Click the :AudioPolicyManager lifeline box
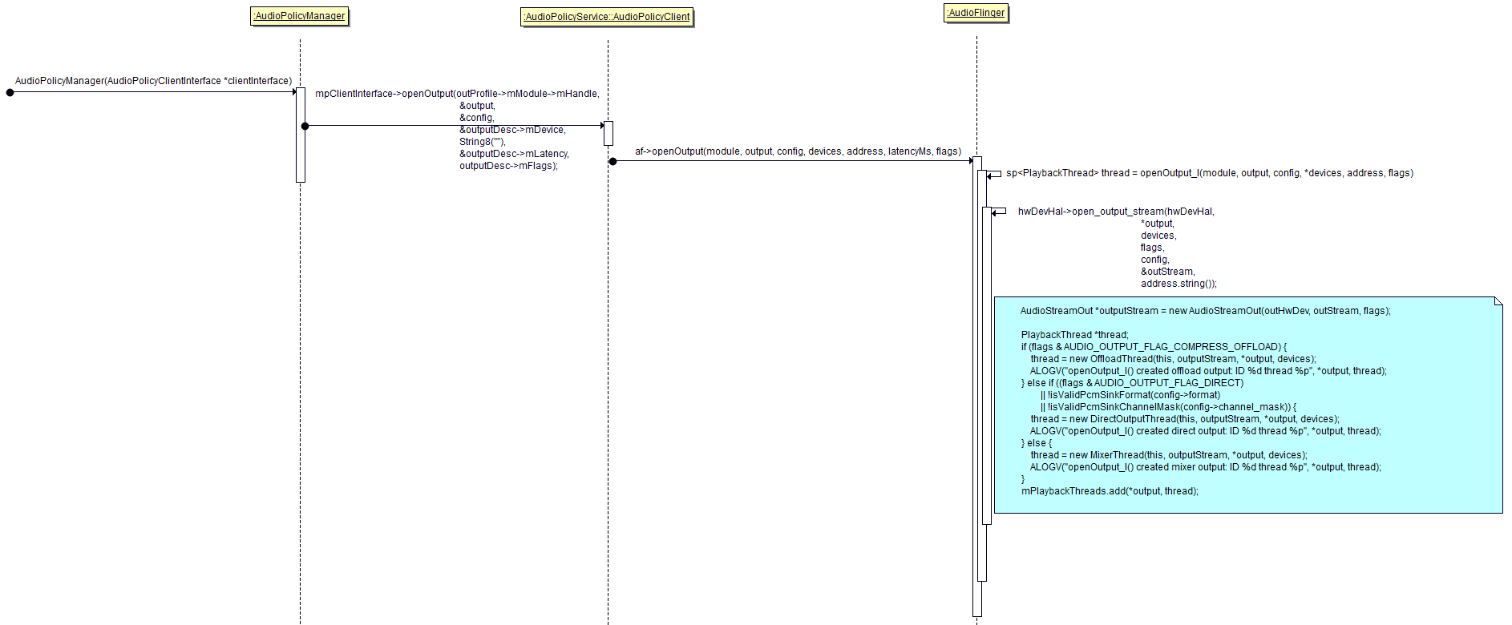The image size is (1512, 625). [300, 16]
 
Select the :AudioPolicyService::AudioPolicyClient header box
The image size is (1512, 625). [607, 17]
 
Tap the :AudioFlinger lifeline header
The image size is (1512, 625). [976, 13]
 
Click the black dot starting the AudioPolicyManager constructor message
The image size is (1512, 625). [10, 92]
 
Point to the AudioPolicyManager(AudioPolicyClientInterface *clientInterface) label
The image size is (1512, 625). [153, 81]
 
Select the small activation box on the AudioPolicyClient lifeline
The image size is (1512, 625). [608, 133]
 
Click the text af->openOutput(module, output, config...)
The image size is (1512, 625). [798, 151]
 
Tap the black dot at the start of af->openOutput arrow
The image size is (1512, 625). [613, 161]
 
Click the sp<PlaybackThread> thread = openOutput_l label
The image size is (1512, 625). [1209, 173]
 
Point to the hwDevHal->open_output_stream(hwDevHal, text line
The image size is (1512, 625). [1116, 212]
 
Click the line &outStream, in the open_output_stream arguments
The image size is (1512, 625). [1167, 272]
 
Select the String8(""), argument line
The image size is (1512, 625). [482, 142]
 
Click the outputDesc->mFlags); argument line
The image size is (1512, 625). [508, 166]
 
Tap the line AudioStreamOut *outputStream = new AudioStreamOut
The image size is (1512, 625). [1205, 311]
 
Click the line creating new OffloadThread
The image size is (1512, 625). [1173, 359]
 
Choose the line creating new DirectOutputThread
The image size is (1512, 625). [1184, 419]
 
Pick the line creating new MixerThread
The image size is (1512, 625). [1168, 455]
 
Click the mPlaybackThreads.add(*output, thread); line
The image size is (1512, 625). [1110, 491]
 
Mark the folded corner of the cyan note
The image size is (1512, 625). [1498, 301]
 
